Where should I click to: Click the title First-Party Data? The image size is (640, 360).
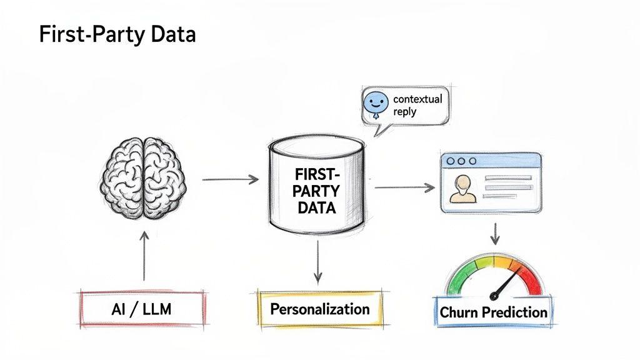click(x=117, y=34)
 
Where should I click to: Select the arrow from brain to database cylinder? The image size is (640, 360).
click(x=230, y=180)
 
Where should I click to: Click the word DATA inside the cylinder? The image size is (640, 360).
click(x=316, y=208)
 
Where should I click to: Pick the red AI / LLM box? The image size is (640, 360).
click(x=143, y=309)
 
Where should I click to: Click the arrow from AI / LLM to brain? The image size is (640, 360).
click(x=144, y=256)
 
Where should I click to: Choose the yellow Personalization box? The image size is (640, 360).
click(x=319, y=309)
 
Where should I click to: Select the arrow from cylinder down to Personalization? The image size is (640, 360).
click(x=318, y=259)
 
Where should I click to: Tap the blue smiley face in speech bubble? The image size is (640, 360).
click(x=376, y=103)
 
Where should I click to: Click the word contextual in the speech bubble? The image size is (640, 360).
click(x=417, y=99)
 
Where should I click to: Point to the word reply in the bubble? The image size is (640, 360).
click(x=405, y=112)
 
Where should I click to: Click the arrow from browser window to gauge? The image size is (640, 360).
click(x=494, y=232)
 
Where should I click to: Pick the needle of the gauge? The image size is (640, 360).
click(x=507, y=282)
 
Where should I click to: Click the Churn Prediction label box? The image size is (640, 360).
click(x=493, y=312)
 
